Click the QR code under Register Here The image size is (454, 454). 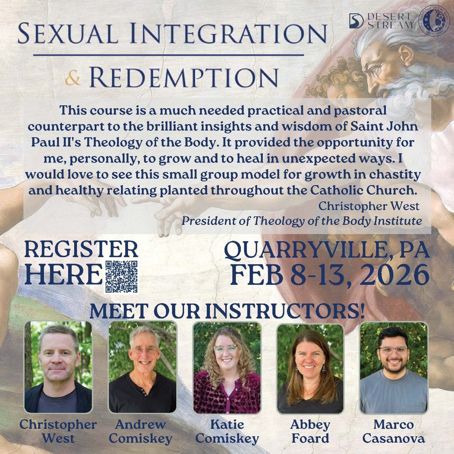[x=122, y=276]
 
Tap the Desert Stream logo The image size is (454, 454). [x=381, y=21]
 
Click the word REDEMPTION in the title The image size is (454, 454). [x=183, y=78]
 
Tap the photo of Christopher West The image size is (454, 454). [x=58, y=367]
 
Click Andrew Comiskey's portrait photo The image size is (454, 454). [x=142, y=367]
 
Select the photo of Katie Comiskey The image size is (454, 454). [x=227, y=367]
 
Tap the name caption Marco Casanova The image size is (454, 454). [x=394, y=431]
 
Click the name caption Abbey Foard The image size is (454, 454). [x=310, y=431]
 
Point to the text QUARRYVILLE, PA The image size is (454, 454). [x=327, y=250]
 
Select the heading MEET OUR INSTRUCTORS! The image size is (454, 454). [x=227, y=311]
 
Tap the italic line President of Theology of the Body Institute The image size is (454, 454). [x=301, y=221]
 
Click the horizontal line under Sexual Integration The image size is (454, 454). [x=169, y=55]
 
